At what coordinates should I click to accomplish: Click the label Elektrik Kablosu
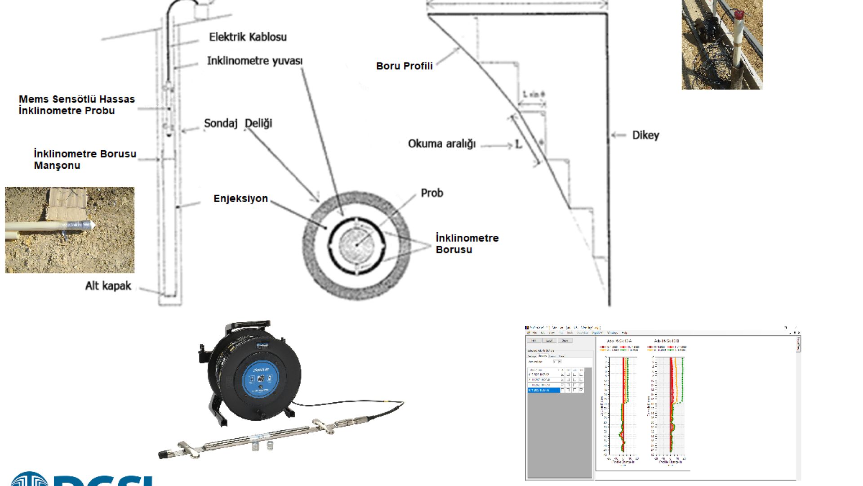point(248,37)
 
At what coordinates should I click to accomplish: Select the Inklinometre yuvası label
point(254,61)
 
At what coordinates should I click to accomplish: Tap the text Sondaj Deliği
point(238,123)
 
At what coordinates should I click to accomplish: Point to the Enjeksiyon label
point(240,198)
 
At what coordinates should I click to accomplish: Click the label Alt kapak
point(108,286)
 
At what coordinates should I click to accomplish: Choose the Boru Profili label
point(404,66)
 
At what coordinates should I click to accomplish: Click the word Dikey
point(645,135)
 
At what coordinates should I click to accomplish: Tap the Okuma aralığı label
point(441,144)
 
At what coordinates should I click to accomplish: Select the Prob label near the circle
point(431,193)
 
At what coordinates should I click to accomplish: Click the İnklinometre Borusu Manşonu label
point(85,159)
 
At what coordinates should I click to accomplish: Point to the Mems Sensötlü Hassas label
point(76,99)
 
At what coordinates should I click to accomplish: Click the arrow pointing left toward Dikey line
point(618,135)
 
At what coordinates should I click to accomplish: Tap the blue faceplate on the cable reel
point(260,378)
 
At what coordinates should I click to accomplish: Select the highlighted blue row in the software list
point(544,390)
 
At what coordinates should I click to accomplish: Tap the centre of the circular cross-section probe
point(356,245)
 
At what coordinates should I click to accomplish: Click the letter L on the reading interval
point(518,144)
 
